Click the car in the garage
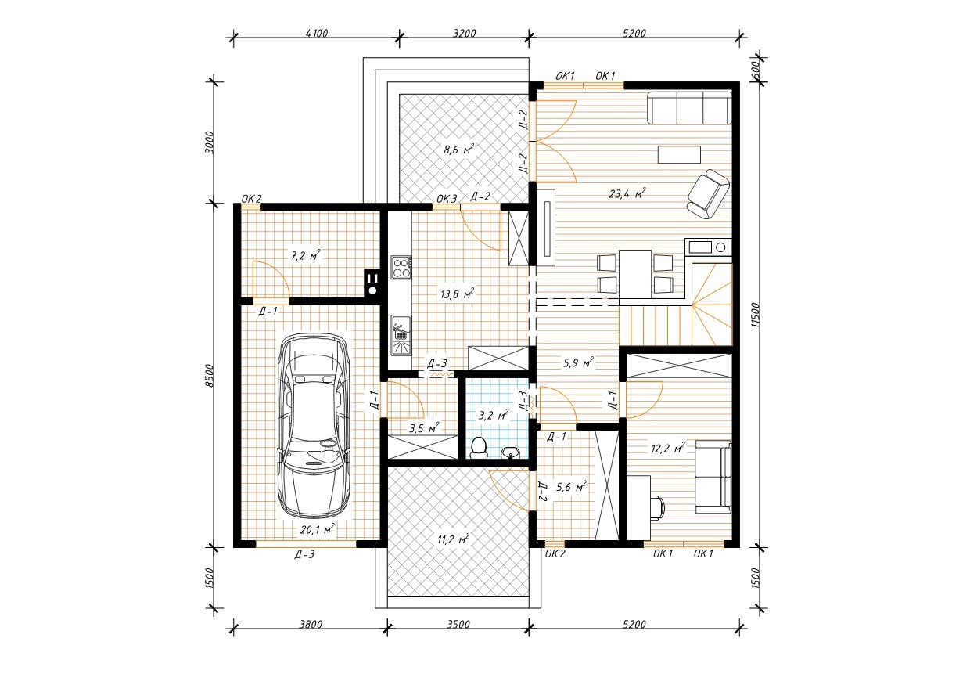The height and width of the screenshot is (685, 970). pos(314,426)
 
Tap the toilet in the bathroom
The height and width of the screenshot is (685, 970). pos(479,448)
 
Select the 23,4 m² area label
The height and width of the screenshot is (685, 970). pos(627,193)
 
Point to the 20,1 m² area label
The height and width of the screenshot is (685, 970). pos(317,529)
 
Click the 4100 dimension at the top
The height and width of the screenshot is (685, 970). pos(317,34)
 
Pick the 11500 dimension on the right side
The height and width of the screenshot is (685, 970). pos(756,315)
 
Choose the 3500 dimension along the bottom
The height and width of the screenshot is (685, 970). pos(458,625)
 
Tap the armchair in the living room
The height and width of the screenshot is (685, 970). pos(709,193)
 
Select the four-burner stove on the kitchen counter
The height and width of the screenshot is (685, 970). pos(401,267)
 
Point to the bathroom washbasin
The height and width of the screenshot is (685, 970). pos(511,452)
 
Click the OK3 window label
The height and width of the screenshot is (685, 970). pos(447,199)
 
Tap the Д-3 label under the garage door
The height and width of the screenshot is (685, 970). pos(304,554)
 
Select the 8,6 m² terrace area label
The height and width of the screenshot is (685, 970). pos(458,150)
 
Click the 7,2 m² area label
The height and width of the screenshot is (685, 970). pos(306,255)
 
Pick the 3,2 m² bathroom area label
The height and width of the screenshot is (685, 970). pos(494,416)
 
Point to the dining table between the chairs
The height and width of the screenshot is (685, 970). pos(635,274)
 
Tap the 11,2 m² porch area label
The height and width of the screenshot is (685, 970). pos(454,539)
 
